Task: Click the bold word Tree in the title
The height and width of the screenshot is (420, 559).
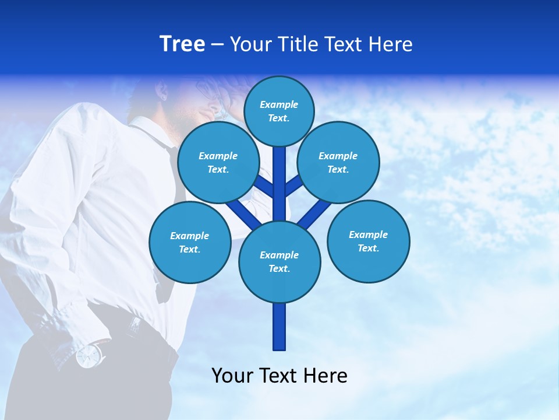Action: (x=182, y=44)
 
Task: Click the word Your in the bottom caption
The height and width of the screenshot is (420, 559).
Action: (x=232, y=376)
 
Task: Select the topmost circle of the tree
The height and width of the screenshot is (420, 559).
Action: (x=279, y=111)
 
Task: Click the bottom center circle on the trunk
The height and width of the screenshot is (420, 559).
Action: (x=279, y=261)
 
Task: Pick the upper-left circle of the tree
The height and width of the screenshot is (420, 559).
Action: (x=218, y=162)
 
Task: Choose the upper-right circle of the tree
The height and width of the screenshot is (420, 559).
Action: (x=338, y=162)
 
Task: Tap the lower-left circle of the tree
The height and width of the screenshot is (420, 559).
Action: (x=190, y=242)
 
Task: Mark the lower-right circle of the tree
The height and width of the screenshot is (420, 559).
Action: (x=368, y=241)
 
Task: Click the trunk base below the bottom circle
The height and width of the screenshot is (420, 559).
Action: (x=279, y=327)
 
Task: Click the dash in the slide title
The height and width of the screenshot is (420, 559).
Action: (x=217, y=45)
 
